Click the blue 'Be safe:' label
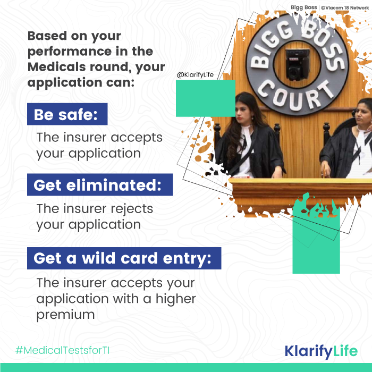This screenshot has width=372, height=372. click(x=67, y=114)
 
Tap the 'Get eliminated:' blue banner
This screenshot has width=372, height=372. click(x=100, y=185)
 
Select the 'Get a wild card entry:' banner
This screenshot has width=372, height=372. click(x=124, y=258)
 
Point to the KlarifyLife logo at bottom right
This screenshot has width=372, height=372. click(x=321, y=351)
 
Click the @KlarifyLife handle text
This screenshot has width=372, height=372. click(x=196, y=75)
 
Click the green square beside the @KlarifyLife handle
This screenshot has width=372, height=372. click(x=206, y=98)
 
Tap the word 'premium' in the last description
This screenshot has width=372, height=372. click(x=65, y=314)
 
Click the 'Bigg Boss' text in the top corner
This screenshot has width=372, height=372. click(x=303, y=7)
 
